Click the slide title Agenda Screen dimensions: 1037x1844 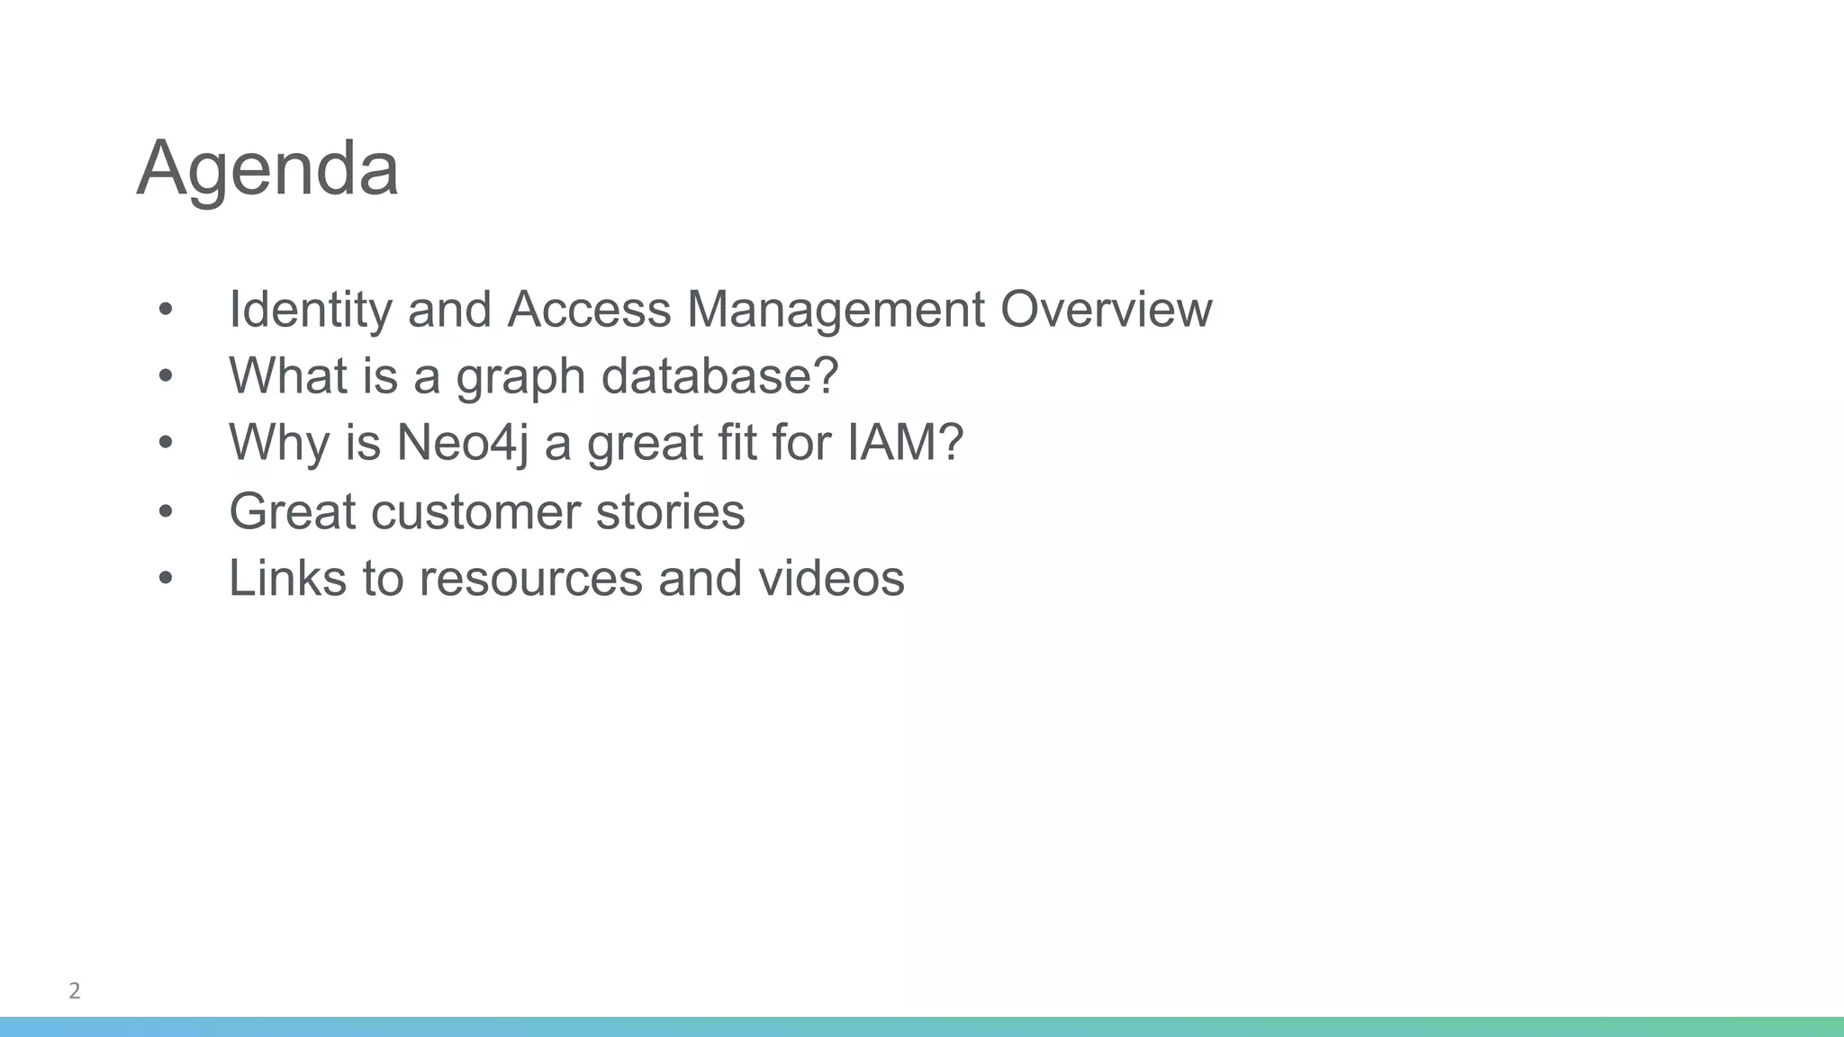click(x=267, y=168)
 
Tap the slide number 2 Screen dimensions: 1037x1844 click(x=75, y=991)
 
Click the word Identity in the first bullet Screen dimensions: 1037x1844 click(x=310, y=310)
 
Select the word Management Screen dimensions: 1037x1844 click(x=835, y=310)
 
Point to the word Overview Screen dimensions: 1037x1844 click(x=1106, y=310)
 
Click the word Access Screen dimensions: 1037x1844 click(x=589, y=310)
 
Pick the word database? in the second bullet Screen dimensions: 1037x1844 click(x=719, y=375)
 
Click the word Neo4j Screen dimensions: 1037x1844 click(x=462, y=443)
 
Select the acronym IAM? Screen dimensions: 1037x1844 click(x=905, y=442)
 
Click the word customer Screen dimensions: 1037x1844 click(x=475, y=511)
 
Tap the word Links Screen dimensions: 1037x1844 click(x=287, y=577)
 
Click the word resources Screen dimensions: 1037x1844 click(x=530, y=578)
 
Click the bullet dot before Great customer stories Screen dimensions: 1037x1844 click(x=165, y=511)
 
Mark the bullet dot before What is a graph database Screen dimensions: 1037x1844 click(x=165, y=375)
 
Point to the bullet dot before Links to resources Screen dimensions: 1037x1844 click(x=165, y=578)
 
